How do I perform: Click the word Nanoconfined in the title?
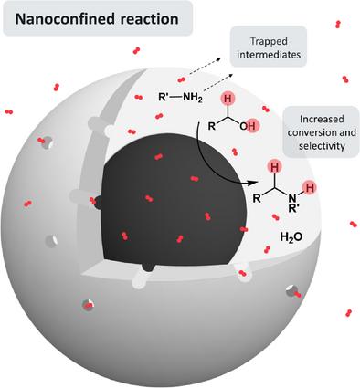coord(65,19)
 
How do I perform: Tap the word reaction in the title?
coord(149,19)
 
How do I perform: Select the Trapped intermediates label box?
coord(269,47)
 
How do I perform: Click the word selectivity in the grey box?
coord(322,146)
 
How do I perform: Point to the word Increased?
coord(322,119)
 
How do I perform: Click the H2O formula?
coord(291,236)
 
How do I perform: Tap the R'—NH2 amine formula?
coord(180,98)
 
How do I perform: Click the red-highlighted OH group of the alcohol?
coord(249,125)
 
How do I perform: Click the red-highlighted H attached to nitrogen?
coord(309,186)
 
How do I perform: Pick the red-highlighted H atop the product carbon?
coord(275,167)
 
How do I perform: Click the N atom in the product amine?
coord(292,199)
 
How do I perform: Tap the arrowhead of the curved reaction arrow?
coord(249,184)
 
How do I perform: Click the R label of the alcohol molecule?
coord(212,126)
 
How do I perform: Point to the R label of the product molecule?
coord(257,199)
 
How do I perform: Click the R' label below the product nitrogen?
coord(293,209)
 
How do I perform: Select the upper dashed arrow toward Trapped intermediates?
coord(205,66)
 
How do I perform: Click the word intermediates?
coord(269,55)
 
